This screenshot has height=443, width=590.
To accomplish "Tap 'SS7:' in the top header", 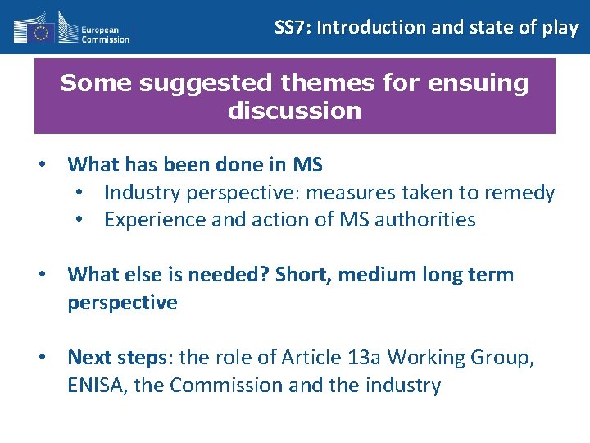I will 293,27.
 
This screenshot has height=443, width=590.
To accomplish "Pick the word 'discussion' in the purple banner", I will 294,111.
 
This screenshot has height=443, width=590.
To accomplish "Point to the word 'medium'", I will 372,275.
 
